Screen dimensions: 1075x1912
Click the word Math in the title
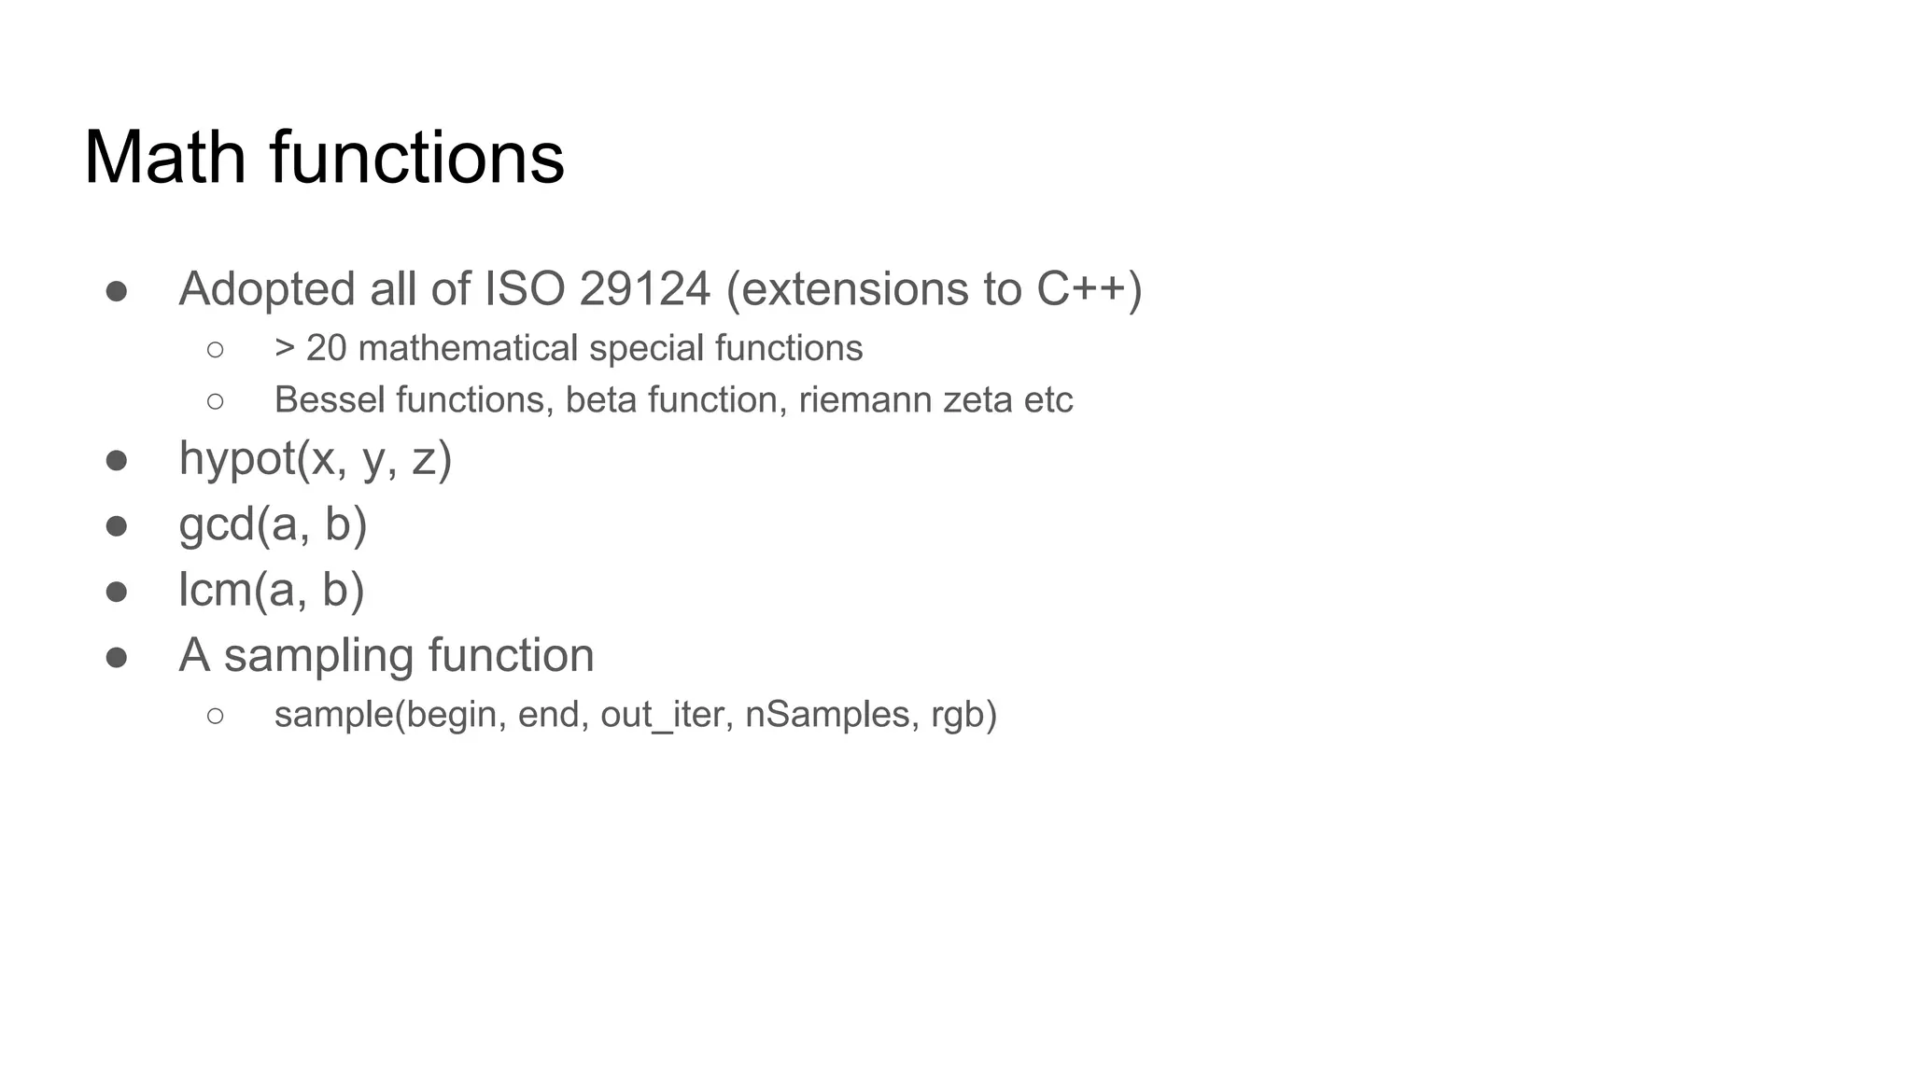(165, 157)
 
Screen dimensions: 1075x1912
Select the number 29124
(644, 288)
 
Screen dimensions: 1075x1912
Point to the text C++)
(1089, 288)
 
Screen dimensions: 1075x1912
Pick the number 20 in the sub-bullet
(326, 348)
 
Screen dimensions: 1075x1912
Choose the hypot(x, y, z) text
(316, 459)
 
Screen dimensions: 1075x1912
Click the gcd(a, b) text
(273, 524)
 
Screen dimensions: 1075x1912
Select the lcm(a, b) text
(271, 590)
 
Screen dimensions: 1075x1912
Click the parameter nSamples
(827, 715)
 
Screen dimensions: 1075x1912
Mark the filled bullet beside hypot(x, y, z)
(117, 461)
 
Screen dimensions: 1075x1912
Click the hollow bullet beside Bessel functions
(215, 401)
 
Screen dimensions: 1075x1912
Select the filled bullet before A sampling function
(117, 657)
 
